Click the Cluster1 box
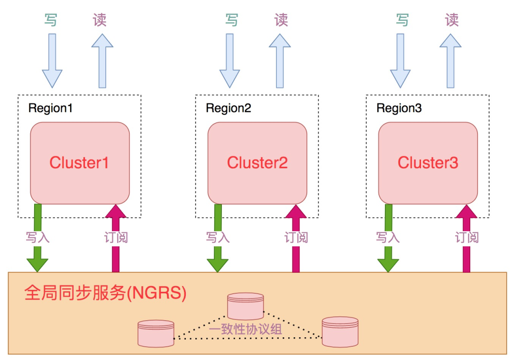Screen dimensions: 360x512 tap(80, 163)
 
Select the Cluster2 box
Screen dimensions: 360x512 tap(257, 163)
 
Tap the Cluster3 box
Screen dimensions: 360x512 tap(428, 163)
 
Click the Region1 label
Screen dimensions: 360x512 tap(51, 108)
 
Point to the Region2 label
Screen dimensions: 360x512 tap(228, 108)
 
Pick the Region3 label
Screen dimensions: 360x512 tap(399, 108)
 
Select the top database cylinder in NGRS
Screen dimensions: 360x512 tap(245, 306)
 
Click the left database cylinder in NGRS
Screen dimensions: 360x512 tap(155, 333)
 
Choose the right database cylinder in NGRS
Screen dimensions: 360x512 tap(340, 331)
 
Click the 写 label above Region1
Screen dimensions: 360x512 tap(51, 20)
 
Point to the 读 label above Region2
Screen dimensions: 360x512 tap(281, 20)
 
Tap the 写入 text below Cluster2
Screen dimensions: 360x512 tap(218, 237)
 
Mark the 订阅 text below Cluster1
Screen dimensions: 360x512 tap(116, 237)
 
